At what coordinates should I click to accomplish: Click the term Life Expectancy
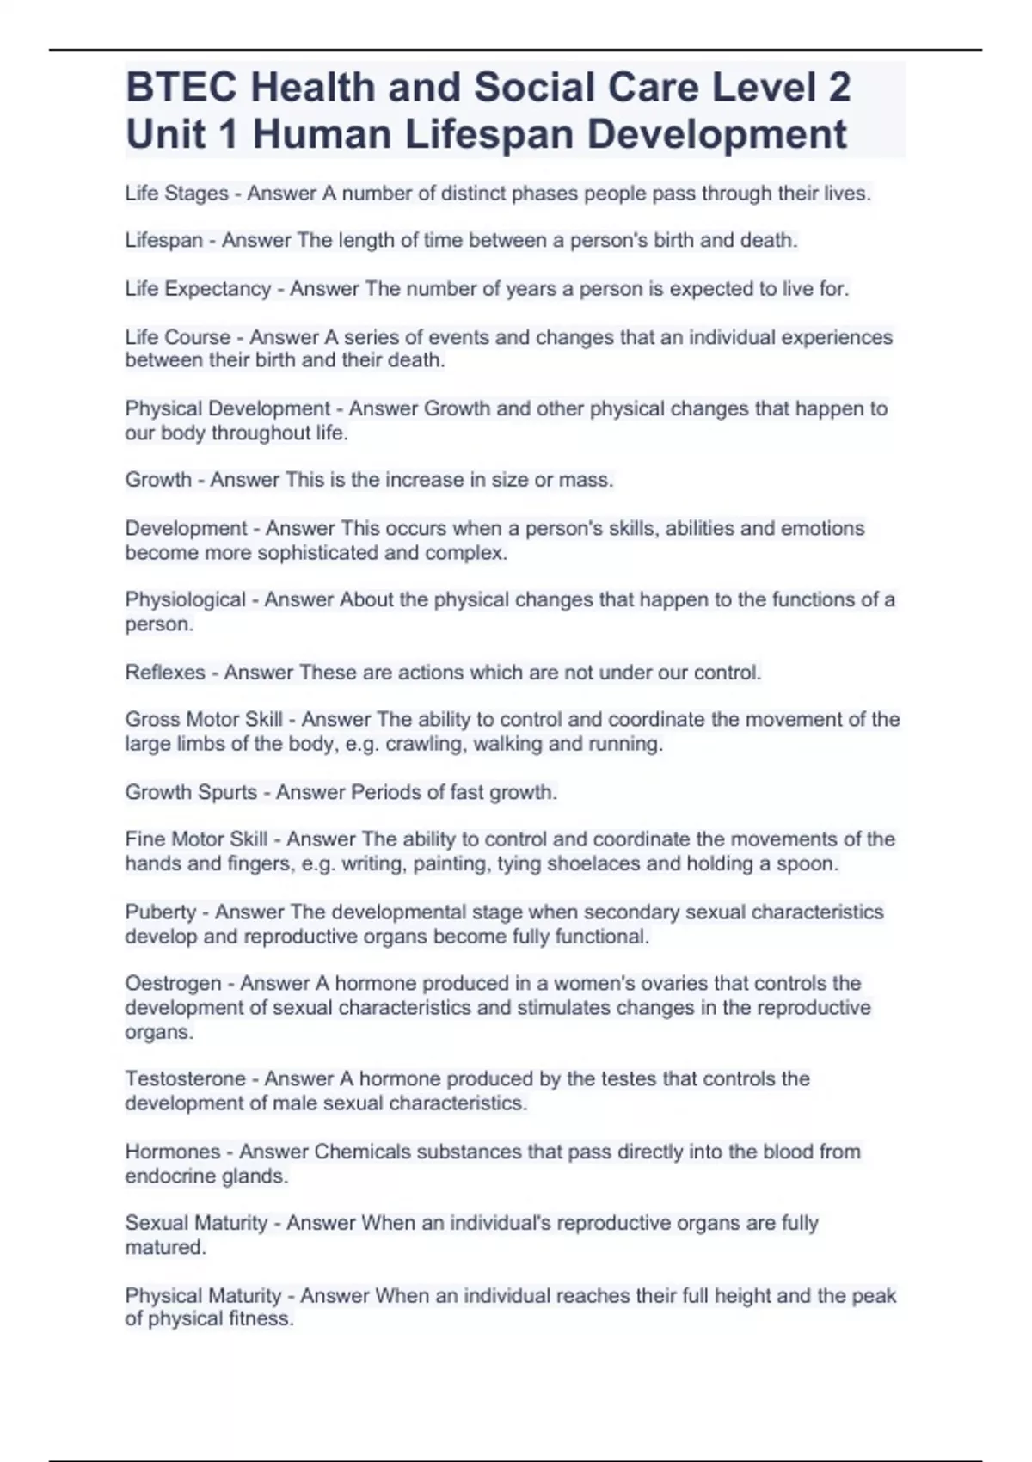[198, 289]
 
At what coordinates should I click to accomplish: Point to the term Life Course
[178, 337]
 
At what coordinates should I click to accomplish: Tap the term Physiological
[185, 599]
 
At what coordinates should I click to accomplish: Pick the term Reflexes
[165, 673]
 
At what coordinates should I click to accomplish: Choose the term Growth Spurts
[191, 792]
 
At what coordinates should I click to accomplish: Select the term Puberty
[160, 912]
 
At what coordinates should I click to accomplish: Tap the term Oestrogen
[173, 983]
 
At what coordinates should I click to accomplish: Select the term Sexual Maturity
[196, 1223]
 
